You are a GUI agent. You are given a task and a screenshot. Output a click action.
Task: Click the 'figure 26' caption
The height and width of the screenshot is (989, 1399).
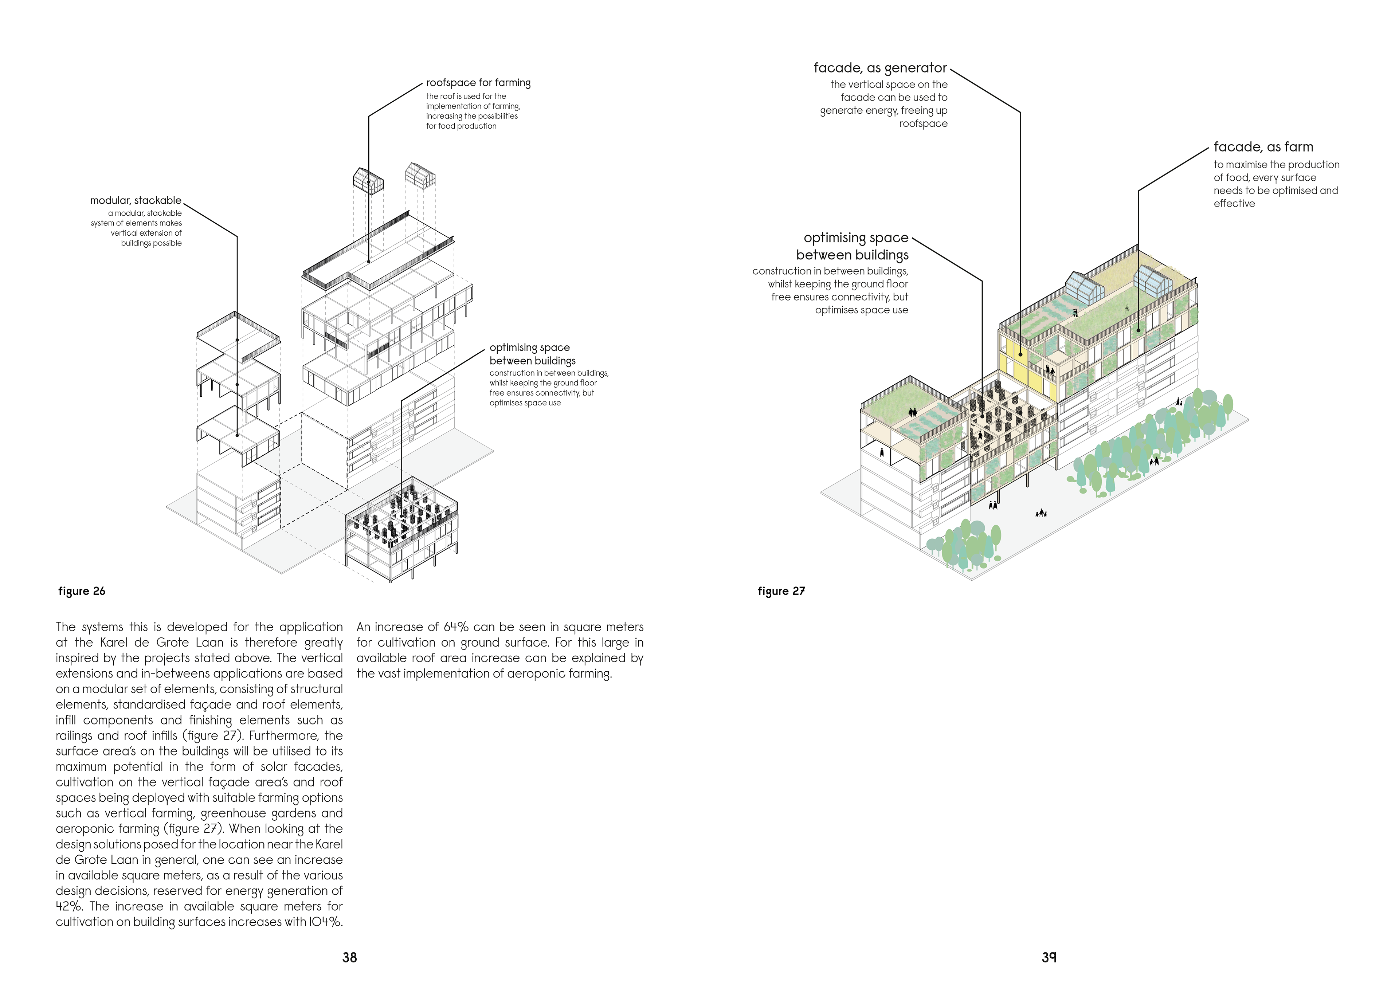pos(82,591)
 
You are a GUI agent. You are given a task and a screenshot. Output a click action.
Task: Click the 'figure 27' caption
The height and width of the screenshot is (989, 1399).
pos(781,591)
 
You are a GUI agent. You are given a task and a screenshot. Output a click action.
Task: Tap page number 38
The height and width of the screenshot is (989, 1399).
pos(349,957)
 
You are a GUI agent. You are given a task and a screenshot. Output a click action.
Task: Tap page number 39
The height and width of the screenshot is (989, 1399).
pos(1049,957)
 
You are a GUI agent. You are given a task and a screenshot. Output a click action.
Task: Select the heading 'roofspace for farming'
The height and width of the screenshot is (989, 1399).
pos(478,83)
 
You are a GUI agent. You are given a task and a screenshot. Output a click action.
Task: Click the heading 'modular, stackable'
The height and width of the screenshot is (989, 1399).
pos(135,200)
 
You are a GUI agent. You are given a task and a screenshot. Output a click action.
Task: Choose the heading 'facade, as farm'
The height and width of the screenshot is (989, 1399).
pos(1263,147)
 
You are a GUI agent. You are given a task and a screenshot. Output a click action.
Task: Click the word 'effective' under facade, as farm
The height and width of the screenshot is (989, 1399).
pos(1234,204)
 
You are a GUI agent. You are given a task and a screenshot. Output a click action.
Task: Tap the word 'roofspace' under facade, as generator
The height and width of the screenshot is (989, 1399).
pos(923,124)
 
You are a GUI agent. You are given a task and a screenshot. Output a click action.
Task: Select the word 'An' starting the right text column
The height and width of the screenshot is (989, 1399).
pos(363,627)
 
